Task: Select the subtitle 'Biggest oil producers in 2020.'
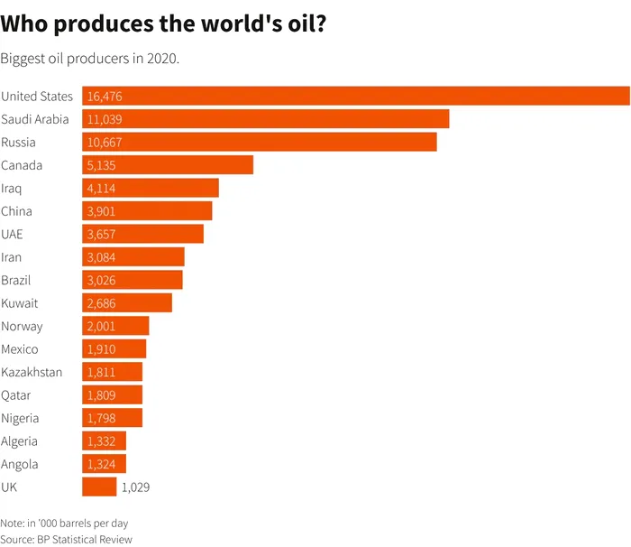(90, 59)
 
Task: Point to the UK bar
(99, 487)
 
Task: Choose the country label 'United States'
(37, 97)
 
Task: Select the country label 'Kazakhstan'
(32, 372)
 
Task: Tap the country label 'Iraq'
(13, 189)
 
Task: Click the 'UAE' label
(13, 235)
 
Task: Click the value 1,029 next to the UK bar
(134, 487)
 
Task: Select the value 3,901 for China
(101, 211)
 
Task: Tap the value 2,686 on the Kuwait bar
(101, 303)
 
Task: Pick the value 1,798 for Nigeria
(101, 419)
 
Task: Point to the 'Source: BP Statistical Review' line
(67, 540)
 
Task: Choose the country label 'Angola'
(20, 465)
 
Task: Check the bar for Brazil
(133, 280)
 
